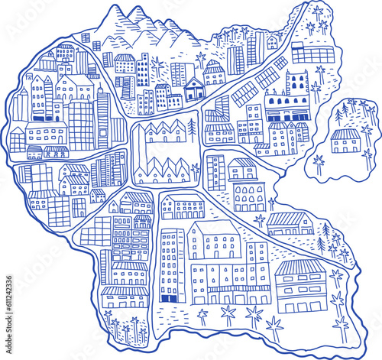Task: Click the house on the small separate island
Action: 345,140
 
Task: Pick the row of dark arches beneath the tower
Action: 286,100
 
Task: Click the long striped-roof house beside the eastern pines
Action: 289,222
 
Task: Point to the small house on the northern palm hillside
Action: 272,41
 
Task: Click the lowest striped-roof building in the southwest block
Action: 125,294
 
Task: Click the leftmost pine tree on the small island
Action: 338,115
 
